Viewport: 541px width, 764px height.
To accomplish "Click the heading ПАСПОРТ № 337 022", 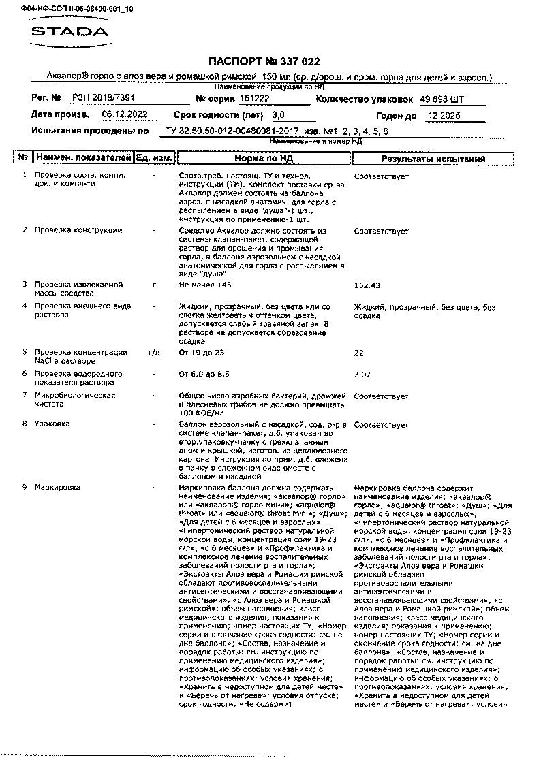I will click(x=262, y=62).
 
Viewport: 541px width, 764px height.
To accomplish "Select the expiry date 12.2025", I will click(x=444, y=116).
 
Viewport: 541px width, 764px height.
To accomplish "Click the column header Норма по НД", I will click(x=264, y=159).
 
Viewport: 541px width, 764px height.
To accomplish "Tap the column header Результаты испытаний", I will click(x=433, y=159).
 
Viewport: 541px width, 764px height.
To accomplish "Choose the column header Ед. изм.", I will click(x=153, y=158).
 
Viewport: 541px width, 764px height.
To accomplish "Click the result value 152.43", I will click(x=368, y=285).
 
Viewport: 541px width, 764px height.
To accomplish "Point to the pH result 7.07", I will click(x=362, y=375).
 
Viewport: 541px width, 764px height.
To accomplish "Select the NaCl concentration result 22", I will click(x=359, y=353).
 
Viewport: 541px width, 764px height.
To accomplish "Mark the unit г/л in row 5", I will click(x=154, y=353).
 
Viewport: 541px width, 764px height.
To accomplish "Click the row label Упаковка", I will click(x=52, y=424).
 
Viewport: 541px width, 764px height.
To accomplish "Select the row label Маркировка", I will click(x=57, y=488).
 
